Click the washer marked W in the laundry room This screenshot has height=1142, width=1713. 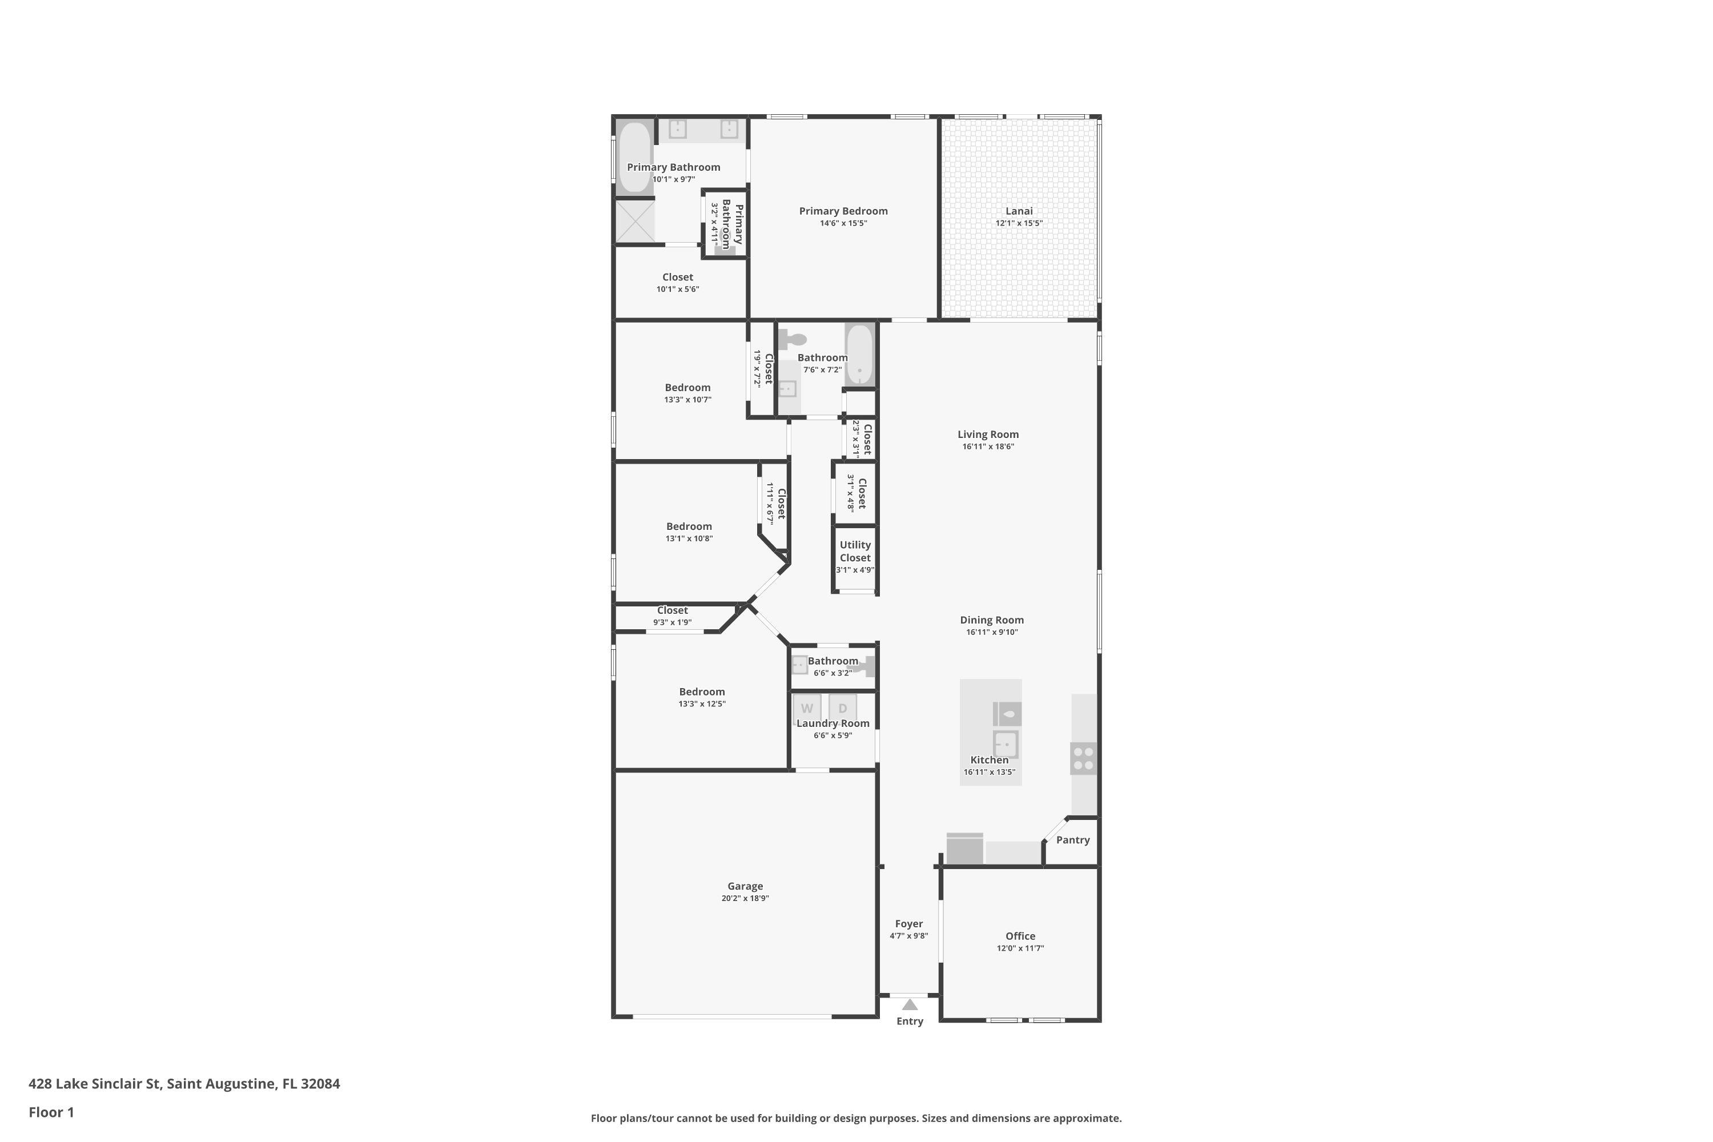pos(807,708)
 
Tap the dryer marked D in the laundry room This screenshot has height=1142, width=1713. pos(843,708)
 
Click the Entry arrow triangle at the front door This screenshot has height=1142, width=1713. pos(910,1004)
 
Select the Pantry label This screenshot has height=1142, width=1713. pos(1073,840)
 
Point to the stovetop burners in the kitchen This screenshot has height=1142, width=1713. pos(1083,758)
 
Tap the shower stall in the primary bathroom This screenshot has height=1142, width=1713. pos(635,220)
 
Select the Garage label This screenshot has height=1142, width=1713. pos(745,886)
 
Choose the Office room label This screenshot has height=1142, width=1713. pos(1020,936)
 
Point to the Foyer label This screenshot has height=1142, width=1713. pos(909,923)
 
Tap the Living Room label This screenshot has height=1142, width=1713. pos(988,434)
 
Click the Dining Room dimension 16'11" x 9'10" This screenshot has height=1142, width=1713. pos(991,632)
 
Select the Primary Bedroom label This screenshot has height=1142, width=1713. pos(843,211)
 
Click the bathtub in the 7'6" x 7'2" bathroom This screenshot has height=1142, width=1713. pos(859,355)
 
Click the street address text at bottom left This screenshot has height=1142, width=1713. pos(184,1083)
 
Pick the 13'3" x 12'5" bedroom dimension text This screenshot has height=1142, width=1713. pos(702,703)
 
